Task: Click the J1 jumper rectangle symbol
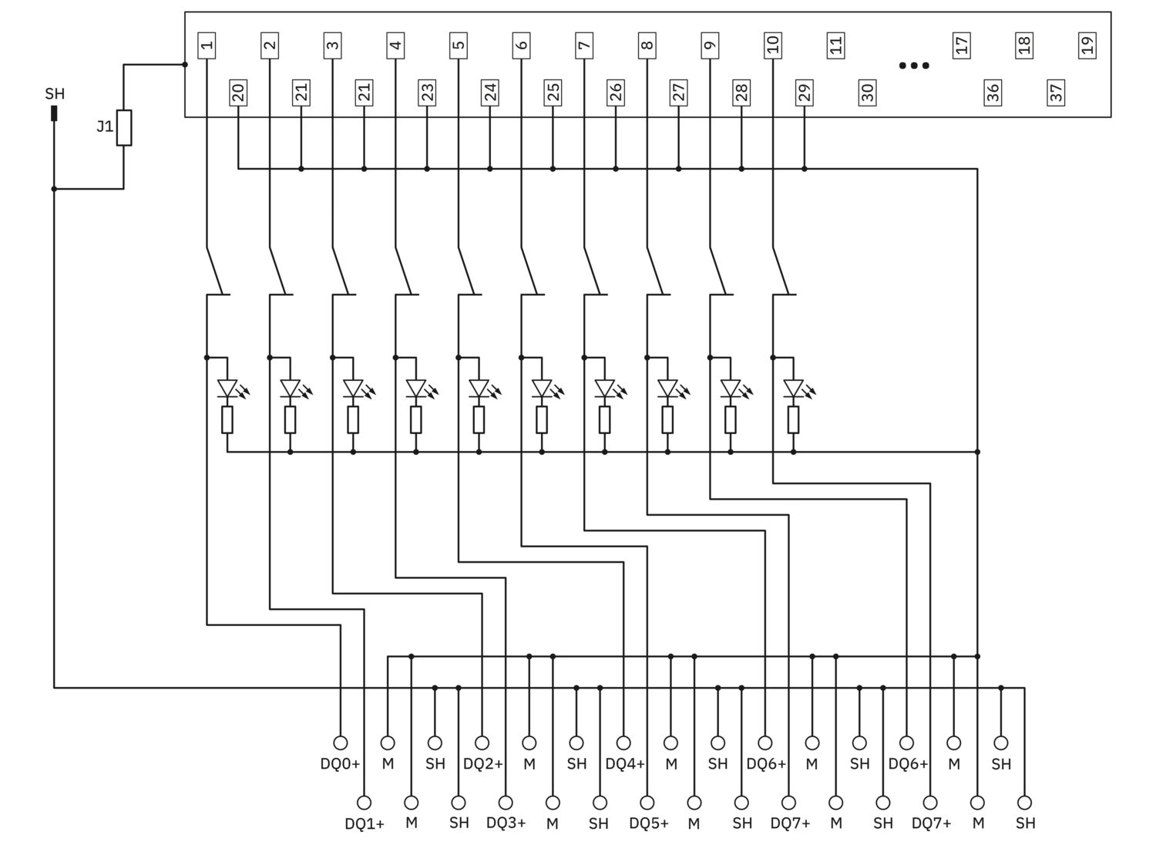pos(124,127)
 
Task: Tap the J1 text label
pos(105,126)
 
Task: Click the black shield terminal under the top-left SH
pos(54,113)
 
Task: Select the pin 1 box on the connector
pos(207,45)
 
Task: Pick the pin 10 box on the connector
pos(773,45)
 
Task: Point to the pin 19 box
pos(1087,45)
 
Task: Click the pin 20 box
pos(238,93)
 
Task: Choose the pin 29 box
pos(805,93)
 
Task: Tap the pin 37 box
pos(1056,93)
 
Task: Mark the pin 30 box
pos(868,93)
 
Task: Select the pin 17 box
pos(962,45)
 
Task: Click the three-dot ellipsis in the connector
pos(914,66)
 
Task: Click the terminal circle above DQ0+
pos(341,742)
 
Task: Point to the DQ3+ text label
pos(506,823)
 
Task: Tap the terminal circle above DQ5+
pos(647,803)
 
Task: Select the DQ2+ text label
pos(482,764)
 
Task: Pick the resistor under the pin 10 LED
pos(794,419)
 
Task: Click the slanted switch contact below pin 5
pos(466,271)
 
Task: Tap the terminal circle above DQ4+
pos(624,742)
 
